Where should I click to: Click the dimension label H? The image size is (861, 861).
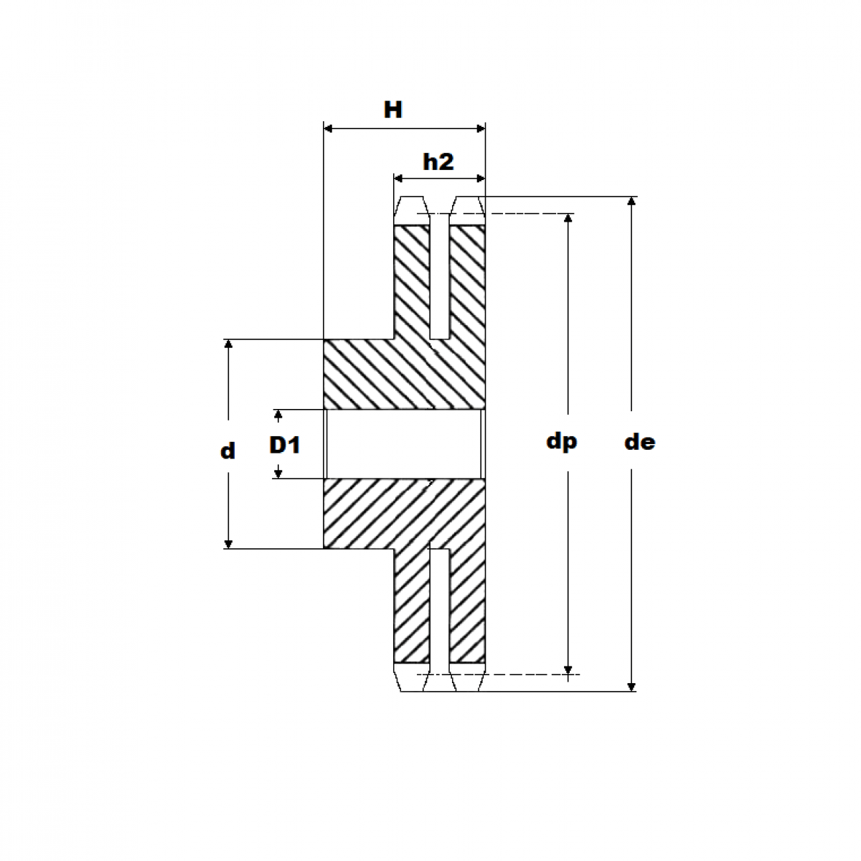(x=392, y=110)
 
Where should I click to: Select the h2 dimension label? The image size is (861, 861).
(x=438, y=162)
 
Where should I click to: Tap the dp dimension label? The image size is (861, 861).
(x=561, y=441)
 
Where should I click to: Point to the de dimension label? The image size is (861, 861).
(x=639, y=442)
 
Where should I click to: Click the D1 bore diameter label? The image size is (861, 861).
(x=285, y=446)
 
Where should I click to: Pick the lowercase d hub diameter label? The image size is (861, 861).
(x=227, y=451)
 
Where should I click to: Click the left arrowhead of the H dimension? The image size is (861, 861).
(x=329, y=128)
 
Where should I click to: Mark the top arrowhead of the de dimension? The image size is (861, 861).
(x=631, y=202)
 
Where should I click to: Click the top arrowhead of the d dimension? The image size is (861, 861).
(x=229, y=345)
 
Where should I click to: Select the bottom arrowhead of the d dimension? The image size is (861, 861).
(x=229, y=543)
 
